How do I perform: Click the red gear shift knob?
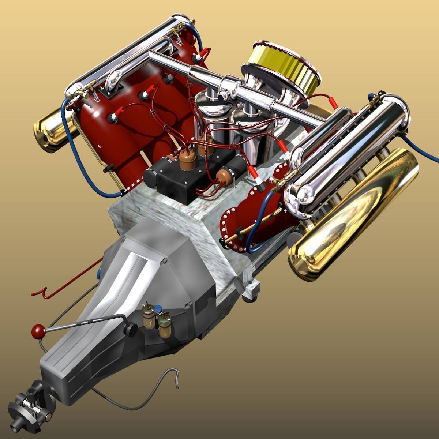point(38,331)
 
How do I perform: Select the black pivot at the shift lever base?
point(130,329)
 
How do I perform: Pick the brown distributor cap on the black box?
point(187,161)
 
